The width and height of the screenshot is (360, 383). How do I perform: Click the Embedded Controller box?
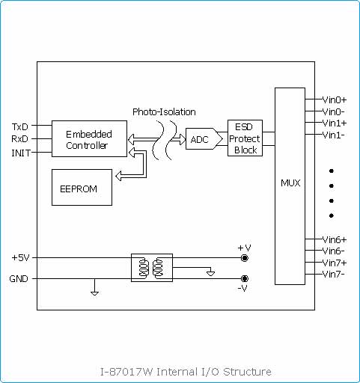pyautogui.click(x=89, y=138)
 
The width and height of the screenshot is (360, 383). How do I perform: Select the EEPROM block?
pyautogui.click(x=82, y=187)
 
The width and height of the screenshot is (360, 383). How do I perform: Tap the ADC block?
pyautogui.click(x=204, y=139)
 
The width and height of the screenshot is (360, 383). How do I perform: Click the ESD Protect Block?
pyautogui.click(x=245, y=138)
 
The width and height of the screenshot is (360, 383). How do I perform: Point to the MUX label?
pyautogui.click(x=290, y=183)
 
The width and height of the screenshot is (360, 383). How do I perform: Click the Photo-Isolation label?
pyautogui.click(x=164, y=112)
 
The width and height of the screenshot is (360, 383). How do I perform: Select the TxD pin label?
pyautogui.click(x=20, y=127)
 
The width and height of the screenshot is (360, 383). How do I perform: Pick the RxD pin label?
pyautogui.click(x=20, y=139)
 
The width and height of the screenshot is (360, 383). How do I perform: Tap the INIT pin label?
pyautogui.click(x=21, y=153)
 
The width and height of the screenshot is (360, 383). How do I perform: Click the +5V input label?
pyautogui.click(x=20, y=257)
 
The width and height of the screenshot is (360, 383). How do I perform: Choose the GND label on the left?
pyautogui.click(x=19, y=278)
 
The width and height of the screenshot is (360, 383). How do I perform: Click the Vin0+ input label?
pyautogui.click(x=335, y=100)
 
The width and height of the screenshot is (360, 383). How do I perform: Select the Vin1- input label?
pyautogui.click(x=334, y=135)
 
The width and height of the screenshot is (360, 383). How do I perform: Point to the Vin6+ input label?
pyautogui.click(x=335, y=240)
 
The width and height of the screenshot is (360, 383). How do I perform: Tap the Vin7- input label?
pyautogui.click(x=334, y=275)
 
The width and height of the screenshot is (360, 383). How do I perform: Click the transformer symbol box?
pyautogui.click(x=152, y=268)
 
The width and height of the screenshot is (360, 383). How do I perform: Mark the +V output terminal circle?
pyautogui.click(x=245, y=258)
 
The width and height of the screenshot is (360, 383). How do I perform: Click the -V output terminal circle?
pyautogui.click(x=245, y=278)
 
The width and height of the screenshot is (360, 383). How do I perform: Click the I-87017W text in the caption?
pyautogui.click(x=126, y=372)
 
